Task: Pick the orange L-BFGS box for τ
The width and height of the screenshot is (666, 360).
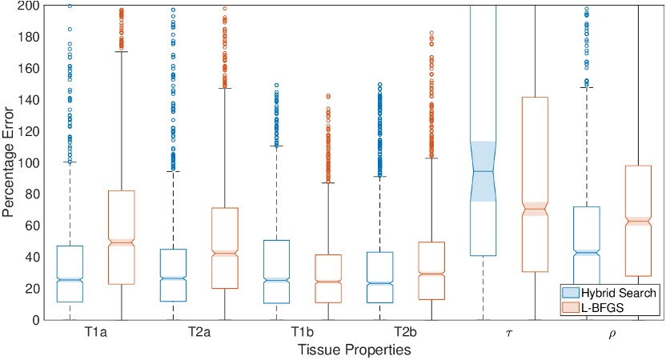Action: pos(534,184)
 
